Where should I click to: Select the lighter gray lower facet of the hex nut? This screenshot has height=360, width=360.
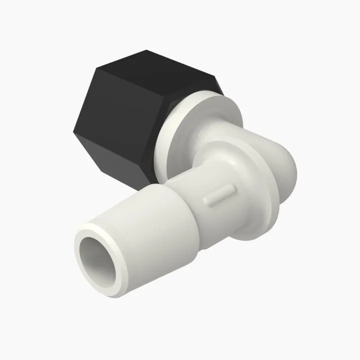[125, 160]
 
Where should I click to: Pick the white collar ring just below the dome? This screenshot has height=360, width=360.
[260, 210]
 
